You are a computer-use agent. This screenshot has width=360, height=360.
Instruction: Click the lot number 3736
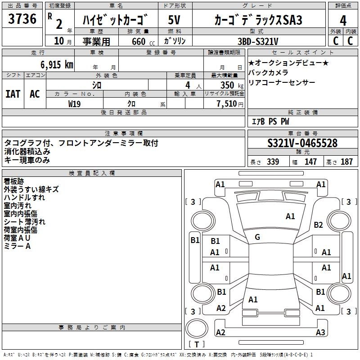coord(22,19)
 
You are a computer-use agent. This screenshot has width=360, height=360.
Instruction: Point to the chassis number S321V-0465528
coord(302,144)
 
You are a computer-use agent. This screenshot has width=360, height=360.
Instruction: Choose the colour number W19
coord(75,103)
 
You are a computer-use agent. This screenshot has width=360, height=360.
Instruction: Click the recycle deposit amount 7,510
coord(230,103)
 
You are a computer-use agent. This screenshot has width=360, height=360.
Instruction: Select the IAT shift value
coord(13,94)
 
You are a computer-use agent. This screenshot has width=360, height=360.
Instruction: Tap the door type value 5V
coord(175,20)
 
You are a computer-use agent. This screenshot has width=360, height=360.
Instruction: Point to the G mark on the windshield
coord(257,237)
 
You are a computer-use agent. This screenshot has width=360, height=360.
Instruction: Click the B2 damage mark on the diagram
coord(319,225)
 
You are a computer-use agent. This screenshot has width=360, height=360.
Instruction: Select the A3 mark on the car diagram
coord(320,332)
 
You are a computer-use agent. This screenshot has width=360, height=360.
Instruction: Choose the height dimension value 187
coord(347,162)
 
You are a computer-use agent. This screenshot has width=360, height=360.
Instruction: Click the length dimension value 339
coord(273,162)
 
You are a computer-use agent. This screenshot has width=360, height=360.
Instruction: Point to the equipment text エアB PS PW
coord(270,121)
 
